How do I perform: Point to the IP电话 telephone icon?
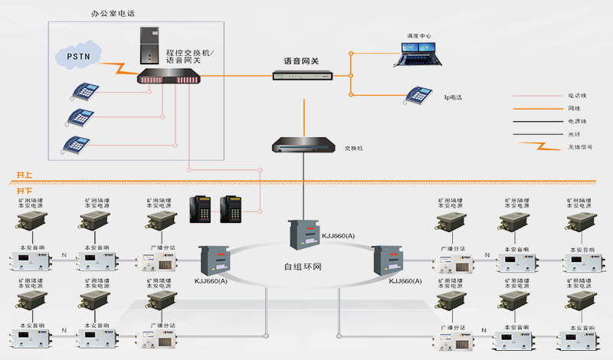point(419,95)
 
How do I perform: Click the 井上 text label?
point(25,175)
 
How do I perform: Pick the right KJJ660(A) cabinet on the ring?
point(388,260)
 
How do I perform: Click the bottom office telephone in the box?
point(77,143)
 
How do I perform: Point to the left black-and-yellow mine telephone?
point(202,208)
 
